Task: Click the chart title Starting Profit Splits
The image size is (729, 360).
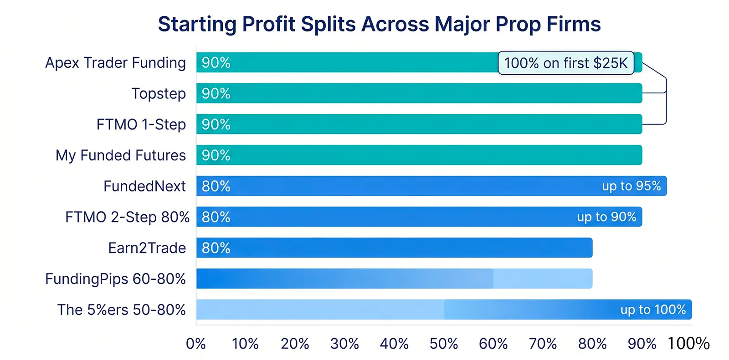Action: coord(379,24)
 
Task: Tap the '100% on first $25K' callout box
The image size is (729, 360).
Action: coord(565,63)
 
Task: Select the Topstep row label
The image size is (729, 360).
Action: coord(159,93)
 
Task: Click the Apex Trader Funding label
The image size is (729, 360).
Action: coord(115,63)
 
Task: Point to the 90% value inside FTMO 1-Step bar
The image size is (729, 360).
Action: coord(216,124)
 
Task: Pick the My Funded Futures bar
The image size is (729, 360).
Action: coord(419,155)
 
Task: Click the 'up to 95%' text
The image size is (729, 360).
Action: coord(631,186)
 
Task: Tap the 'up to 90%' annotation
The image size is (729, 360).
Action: coord(606,217)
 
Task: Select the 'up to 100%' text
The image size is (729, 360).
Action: coord(653,310)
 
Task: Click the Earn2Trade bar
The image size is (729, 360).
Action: coord(394,248)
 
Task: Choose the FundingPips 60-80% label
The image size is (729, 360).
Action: coord(115,279)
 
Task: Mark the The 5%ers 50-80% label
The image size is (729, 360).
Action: coord(121,310)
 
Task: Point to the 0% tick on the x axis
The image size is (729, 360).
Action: coord(196,344)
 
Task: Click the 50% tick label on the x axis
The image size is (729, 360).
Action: coord(444,344)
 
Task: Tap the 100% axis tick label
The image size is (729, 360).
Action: coord(688,344)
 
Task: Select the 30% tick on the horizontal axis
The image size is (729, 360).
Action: coord(344,344)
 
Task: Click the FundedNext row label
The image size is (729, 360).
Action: coord(144,186)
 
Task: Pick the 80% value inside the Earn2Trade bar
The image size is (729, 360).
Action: coord(216,248)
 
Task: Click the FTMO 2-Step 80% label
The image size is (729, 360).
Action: coord(127,217)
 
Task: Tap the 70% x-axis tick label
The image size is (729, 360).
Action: coord(543,344)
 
